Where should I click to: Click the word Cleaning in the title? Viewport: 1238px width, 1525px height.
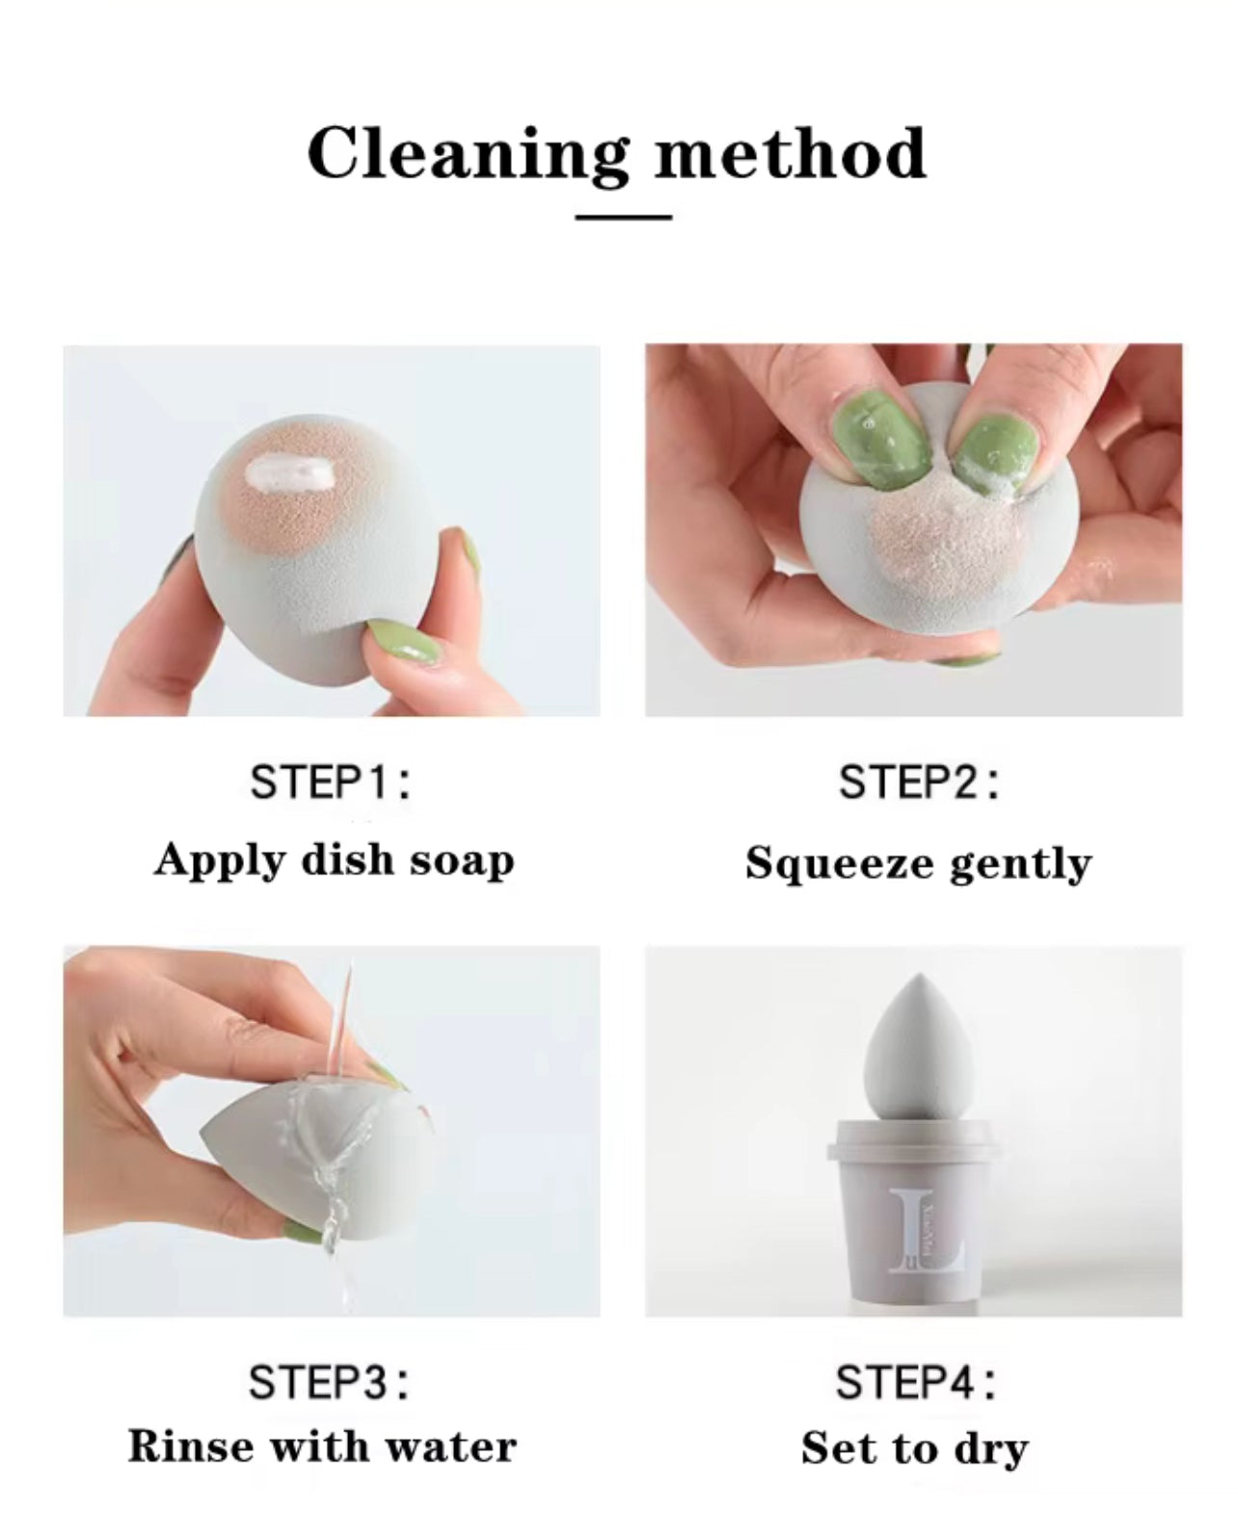pyautogui.click(x=467, y=153)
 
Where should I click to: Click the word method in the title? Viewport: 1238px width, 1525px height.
pyautogui.click(x=790, y=153)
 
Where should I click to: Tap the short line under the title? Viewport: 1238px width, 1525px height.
pyautogui.click(x=623, y=217)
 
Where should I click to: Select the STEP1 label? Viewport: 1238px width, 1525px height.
pyautogui.click(x=331, y=781)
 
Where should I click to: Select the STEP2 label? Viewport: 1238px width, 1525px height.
pyautogui.click(x=918, y=781)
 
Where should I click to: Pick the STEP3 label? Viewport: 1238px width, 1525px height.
pyautogui.click(x=329, y=1382)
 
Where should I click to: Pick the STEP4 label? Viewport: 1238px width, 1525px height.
pyautogui.click(x=915, y=1382)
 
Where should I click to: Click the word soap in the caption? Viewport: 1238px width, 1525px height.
pyautogui.click(x=461, y=859)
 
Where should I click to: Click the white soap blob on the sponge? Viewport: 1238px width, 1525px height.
pyautogui.click(x=290, y=472)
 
